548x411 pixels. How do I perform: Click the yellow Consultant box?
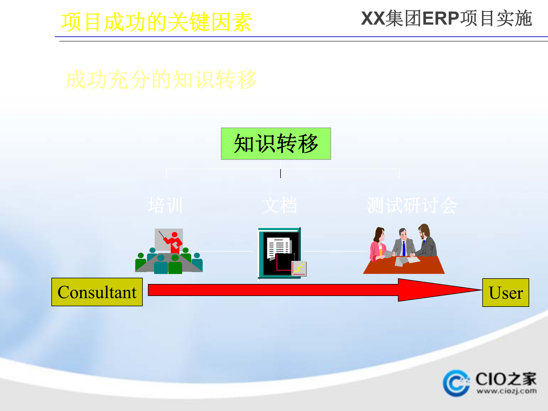pos(97,292)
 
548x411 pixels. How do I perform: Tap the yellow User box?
pos(505,293)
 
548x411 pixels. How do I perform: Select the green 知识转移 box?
pos(276,144)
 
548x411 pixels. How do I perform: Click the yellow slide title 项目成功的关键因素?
pos(156,22)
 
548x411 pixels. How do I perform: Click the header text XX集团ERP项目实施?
pos(446,19)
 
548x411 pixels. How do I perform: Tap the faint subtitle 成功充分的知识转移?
pos(161,80)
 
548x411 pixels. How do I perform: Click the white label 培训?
pos(165,205)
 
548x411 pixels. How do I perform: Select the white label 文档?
pos(280,205)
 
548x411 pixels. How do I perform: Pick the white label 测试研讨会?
pos(412,205)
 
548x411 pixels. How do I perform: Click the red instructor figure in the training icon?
pos(174,243)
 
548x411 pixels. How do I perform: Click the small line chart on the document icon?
pos(299,268)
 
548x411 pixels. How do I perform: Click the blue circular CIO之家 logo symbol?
pos(456,383)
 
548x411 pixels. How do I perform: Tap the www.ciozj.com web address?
pos(506,391)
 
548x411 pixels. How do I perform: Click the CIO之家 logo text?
pos(506,379)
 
